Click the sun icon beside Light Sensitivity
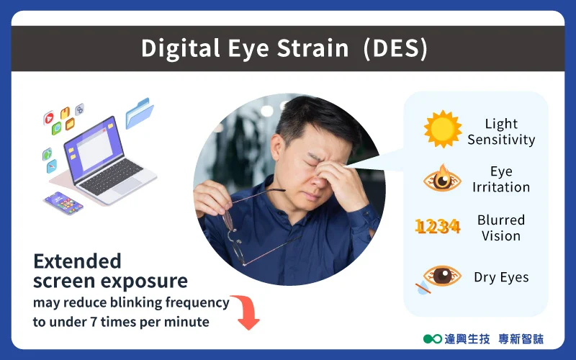443,129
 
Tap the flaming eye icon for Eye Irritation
442,179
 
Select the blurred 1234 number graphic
438,226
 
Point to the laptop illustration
107,161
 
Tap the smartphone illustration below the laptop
63,203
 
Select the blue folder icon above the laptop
139,113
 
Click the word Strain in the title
312,48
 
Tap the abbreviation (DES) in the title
395,48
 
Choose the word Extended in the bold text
77,261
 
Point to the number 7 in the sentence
93,322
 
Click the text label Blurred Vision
501,228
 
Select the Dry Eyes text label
501,277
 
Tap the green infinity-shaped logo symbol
433,338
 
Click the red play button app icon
49,118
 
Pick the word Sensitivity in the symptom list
501,140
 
